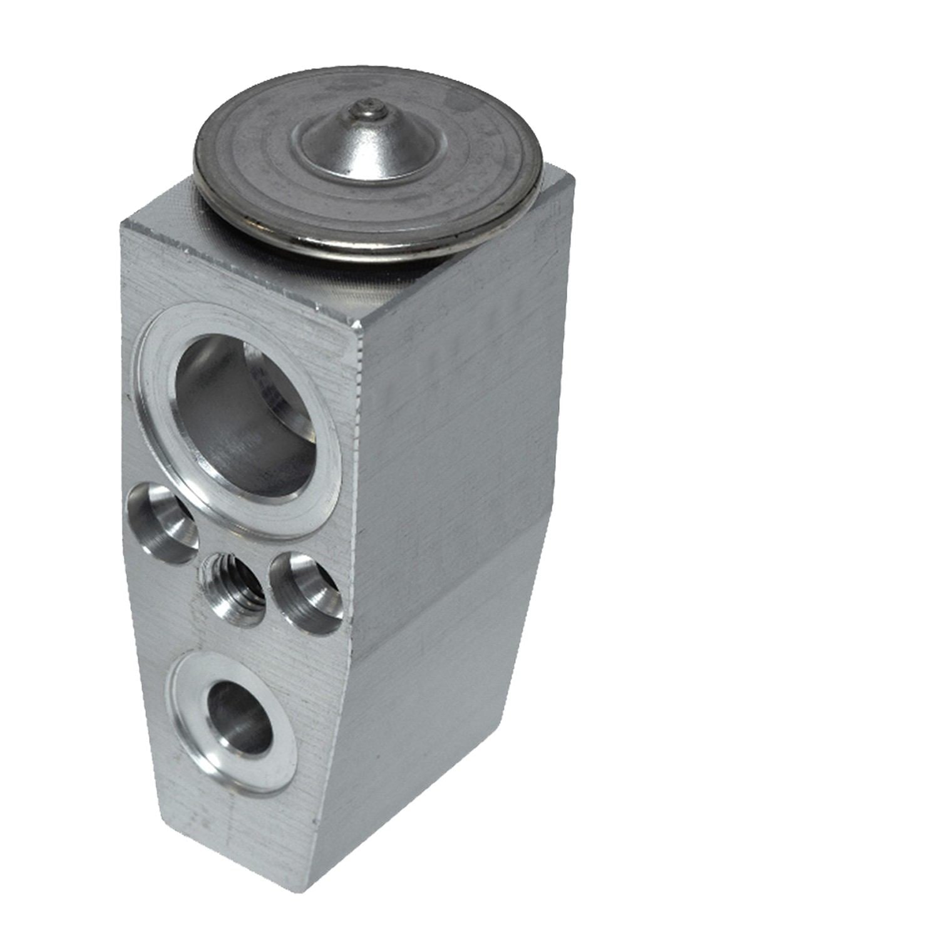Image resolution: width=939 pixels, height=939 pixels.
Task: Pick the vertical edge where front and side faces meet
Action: click(x=357, y=563)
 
